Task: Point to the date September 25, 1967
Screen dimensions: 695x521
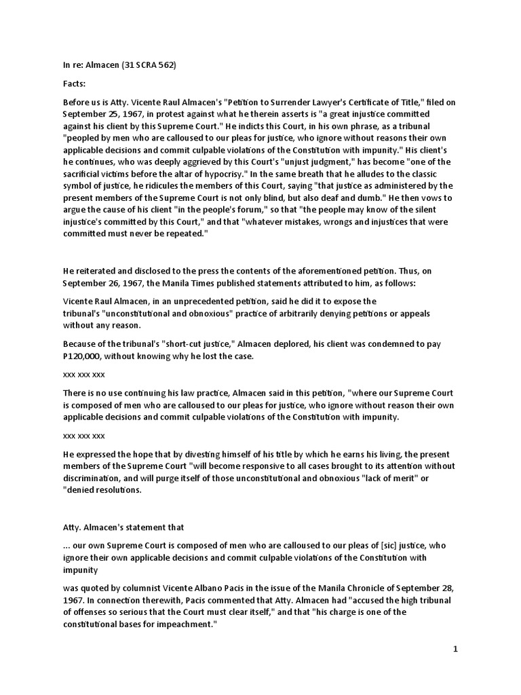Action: [96, 114]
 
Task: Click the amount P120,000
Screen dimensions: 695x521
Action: [80, 356]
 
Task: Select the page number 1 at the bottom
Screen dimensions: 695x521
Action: [457, 650]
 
